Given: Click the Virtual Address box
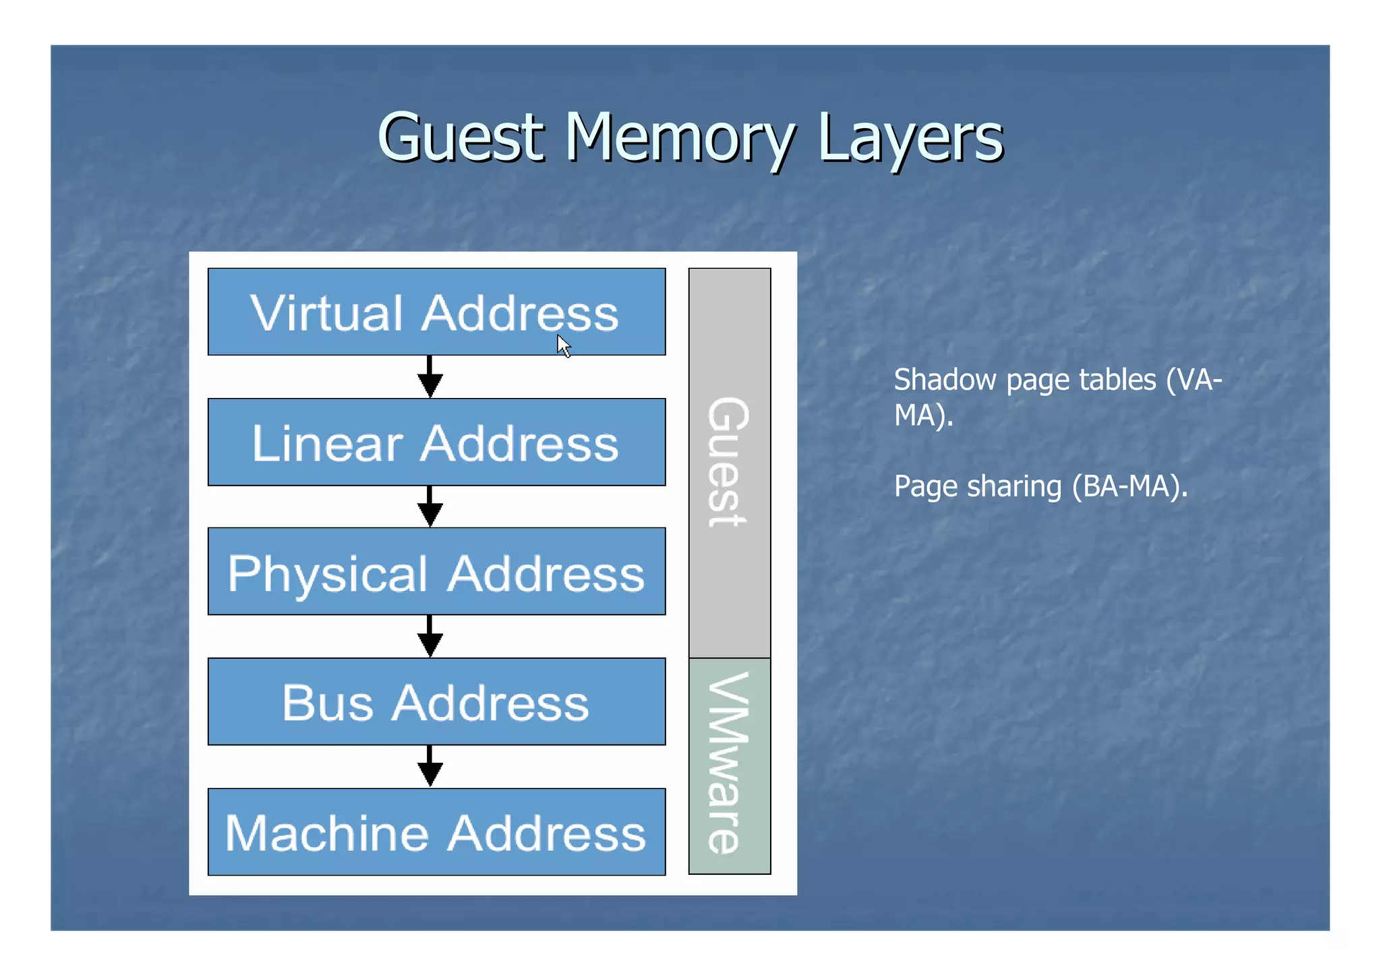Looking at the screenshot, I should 436,312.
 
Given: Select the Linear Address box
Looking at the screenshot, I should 436,442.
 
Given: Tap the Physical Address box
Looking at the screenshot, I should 436,572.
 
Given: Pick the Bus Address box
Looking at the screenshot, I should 436,702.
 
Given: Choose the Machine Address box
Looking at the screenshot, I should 436,832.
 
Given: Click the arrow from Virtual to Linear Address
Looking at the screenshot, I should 430,377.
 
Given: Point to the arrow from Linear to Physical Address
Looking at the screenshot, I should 430,507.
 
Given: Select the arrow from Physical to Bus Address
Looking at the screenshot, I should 430,636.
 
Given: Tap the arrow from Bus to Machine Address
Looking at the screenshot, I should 430,766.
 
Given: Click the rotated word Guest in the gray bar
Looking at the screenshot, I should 728,463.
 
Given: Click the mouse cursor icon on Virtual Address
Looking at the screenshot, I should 564,346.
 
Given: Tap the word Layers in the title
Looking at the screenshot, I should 910,138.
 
